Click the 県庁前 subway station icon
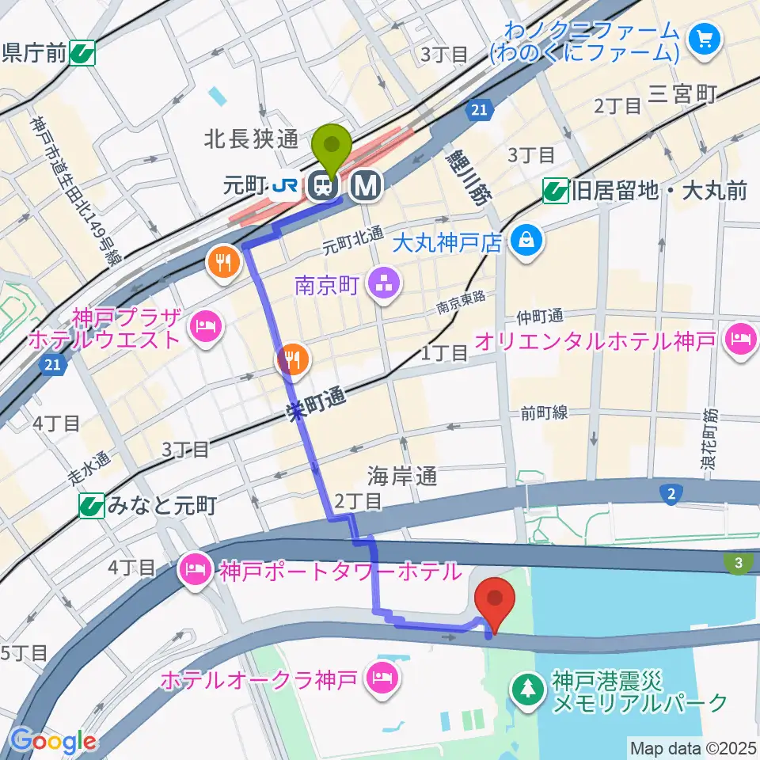coord(82,54)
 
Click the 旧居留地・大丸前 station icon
coord(556,191)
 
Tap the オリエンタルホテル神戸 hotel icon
coord(742,340)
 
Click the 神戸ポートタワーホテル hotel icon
coord(196,569)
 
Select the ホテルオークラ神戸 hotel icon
coord(382,679)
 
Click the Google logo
coord(53,741)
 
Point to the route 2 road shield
coord(671,495)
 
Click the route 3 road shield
coord(738,562)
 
